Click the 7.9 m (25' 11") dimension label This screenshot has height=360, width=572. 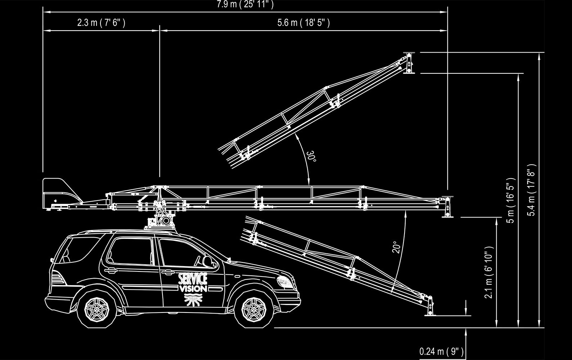[245, 4]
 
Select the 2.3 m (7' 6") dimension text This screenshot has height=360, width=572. [101, 23]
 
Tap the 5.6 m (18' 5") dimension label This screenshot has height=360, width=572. [304, 23]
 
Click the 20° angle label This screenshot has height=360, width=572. [396, 247]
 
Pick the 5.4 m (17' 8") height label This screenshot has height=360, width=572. [531, 190]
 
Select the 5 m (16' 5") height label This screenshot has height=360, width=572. [511, 200]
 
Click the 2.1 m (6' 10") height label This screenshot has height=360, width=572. [489, 273]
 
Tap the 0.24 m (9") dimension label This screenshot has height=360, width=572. [441, 351]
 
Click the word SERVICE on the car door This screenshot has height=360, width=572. [193, 279]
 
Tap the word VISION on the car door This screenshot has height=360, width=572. [193, 289]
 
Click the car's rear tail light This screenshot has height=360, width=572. [57, 279]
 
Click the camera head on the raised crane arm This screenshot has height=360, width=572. [409, 63]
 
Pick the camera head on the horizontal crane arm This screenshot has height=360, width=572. [447, 207]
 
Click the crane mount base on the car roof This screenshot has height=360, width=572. [158, 221]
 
